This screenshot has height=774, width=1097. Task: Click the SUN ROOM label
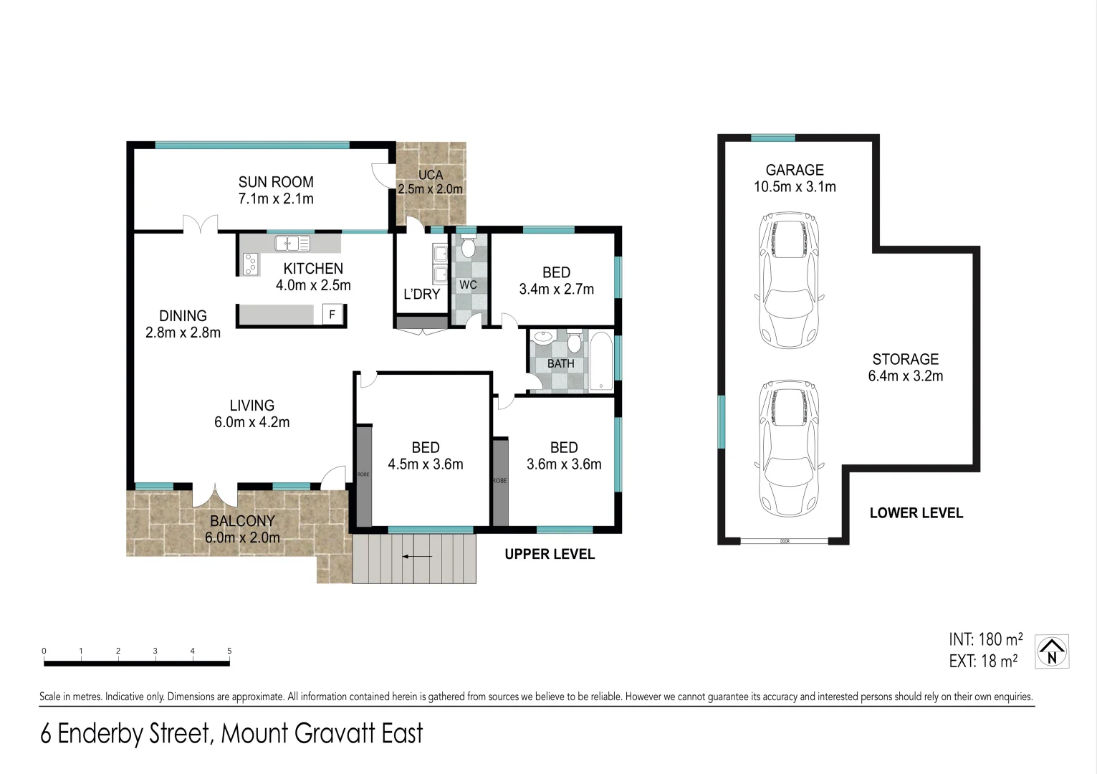[x=276, y=182]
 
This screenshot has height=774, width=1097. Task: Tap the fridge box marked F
[x=332, y=315]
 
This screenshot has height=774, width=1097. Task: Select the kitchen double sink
[x=292, y=244]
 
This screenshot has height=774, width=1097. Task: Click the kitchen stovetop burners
[x=250, y=264]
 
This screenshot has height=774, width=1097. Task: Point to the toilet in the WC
[x=468, y=248]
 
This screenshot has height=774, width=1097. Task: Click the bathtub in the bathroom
[x=600, y=362]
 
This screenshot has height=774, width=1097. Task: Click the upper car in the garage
[x=789, y=279]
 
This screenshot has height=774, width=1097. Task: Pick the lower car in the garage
[x=789, y=448]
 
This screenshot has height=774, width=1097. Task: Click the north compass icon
[x=1052, y=651]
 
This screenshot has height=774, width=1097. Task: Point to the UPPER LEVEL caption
[x=549, y=554]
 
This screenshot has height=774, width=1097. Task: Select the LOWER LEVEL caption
[x=916, y=513]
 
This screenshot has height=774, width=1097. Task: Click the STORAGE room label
[x=905, y=359]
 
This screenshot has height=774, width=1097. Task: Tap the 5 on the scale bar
[x=229, y=651]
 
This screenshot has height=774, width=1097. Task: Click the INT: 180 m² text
[x=985, y=639]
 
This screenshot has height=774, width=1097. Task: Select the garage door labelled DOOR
[x=784, y=541]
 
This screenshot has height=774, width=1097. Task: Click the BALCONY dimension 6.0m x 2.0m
[x=242, y=537]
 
